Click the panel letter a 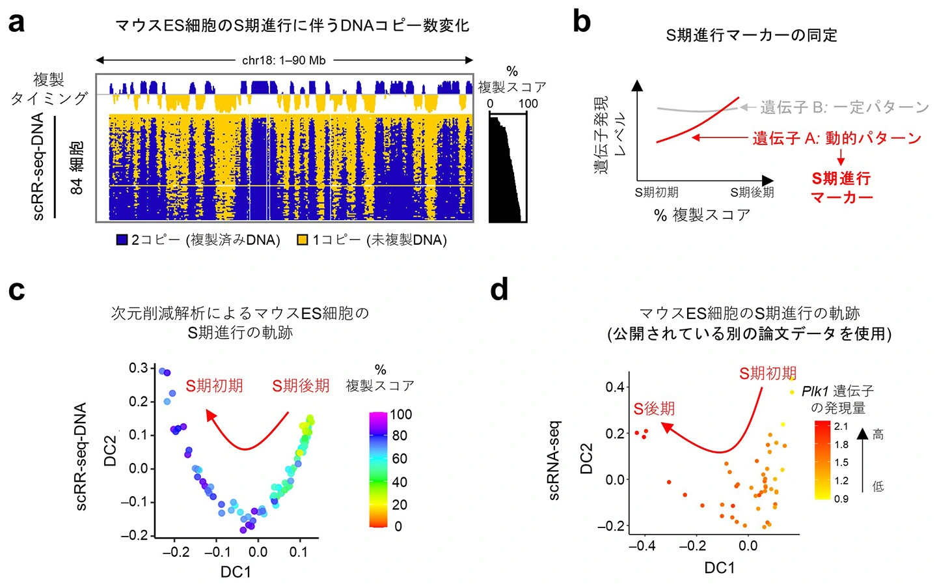click(x=16, y=23)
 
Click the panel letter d click(x=499, y=289)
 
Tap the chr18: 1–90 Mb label click(x=284, y=61)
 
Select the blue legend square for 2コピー click(x=122, y=240)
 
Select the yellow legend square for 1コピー click(x=303, y=240)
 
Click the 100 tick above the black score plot click(x=528, y=104)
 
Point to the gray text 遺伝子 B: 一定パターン click(x=844, y=107)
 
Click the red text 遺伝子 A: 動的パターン click(x=837, y=138)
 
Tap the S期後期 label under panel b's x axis click(x=752, y=192)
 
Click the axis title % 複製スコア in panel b click(x=702, y=215)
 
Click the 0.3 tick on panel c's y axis click(x=138, y=369)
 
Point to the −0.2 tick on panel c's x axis click(x=176, y=552)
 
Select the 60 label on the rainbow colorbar click(x=400, y=458)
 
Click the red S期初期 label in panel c click(x=214, y=385)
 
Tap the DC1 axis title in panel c click(x=236, y=572)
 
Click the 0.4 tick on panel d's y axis click(x=615, y=387)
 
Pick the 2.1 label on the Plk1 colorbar click(x=841, y=427)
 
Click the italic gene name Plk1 click(x=815, y=391)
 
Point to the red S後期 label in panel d click(x=654, y=409)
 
